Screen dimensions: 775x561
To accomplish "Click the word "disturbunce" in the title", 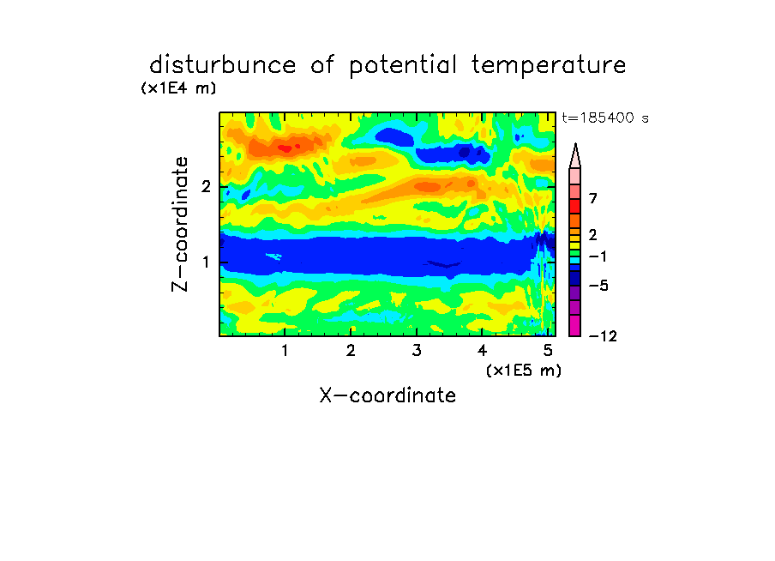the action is click(x=222, y=65).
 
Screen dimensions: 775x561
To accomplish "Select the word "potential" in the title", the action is click(x=403, y=66).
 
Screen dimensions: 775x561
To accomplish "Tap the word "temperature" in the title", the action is click(x=549, y=66).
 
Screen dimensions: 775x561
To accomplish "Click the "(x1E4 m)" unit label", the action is click(x=179, y=88).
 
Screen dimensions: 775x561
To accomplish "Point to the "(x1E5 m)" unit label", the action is click(x=524, y=370).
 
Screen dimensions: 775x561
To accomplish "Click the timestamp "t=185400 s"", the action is click(x=605, y=118).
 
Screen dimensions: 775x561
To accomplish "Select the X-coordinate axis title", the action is click(x=387, y=395).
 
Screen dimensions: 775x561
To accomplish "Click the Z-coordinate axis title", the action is click(x=180, y=224).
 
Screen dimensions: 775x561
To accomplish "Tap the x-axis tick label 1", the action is click(x=285, y=350).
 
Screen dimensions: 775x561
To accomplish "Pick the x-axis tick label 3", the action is click(x=416, y=350).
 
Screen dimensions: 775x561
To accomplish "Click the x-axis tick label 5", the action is click(x=548, y=350).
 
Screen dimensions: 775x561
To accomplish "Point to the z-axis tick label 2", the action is click(x=206, y=186).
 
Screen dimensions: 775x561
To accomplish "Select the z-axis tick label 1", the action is click(x=206, y=262).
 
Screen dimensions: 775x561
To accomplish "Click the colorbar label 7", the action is click(x=593, y=198).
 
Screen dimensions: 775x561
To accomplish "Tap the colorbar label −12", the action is click(x=603, y=336).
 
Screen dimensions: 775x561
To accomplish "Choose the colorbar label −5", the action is click(x=598, y=286).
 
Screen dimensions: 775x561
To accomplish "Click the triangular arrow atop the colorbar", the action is click(x=575, y=155).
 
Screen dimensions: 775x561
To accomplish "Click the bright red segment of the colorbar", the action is click(x=575, y=206).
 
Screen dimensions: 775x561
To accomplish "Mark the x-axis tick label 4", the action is click(x=482, y=350).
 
